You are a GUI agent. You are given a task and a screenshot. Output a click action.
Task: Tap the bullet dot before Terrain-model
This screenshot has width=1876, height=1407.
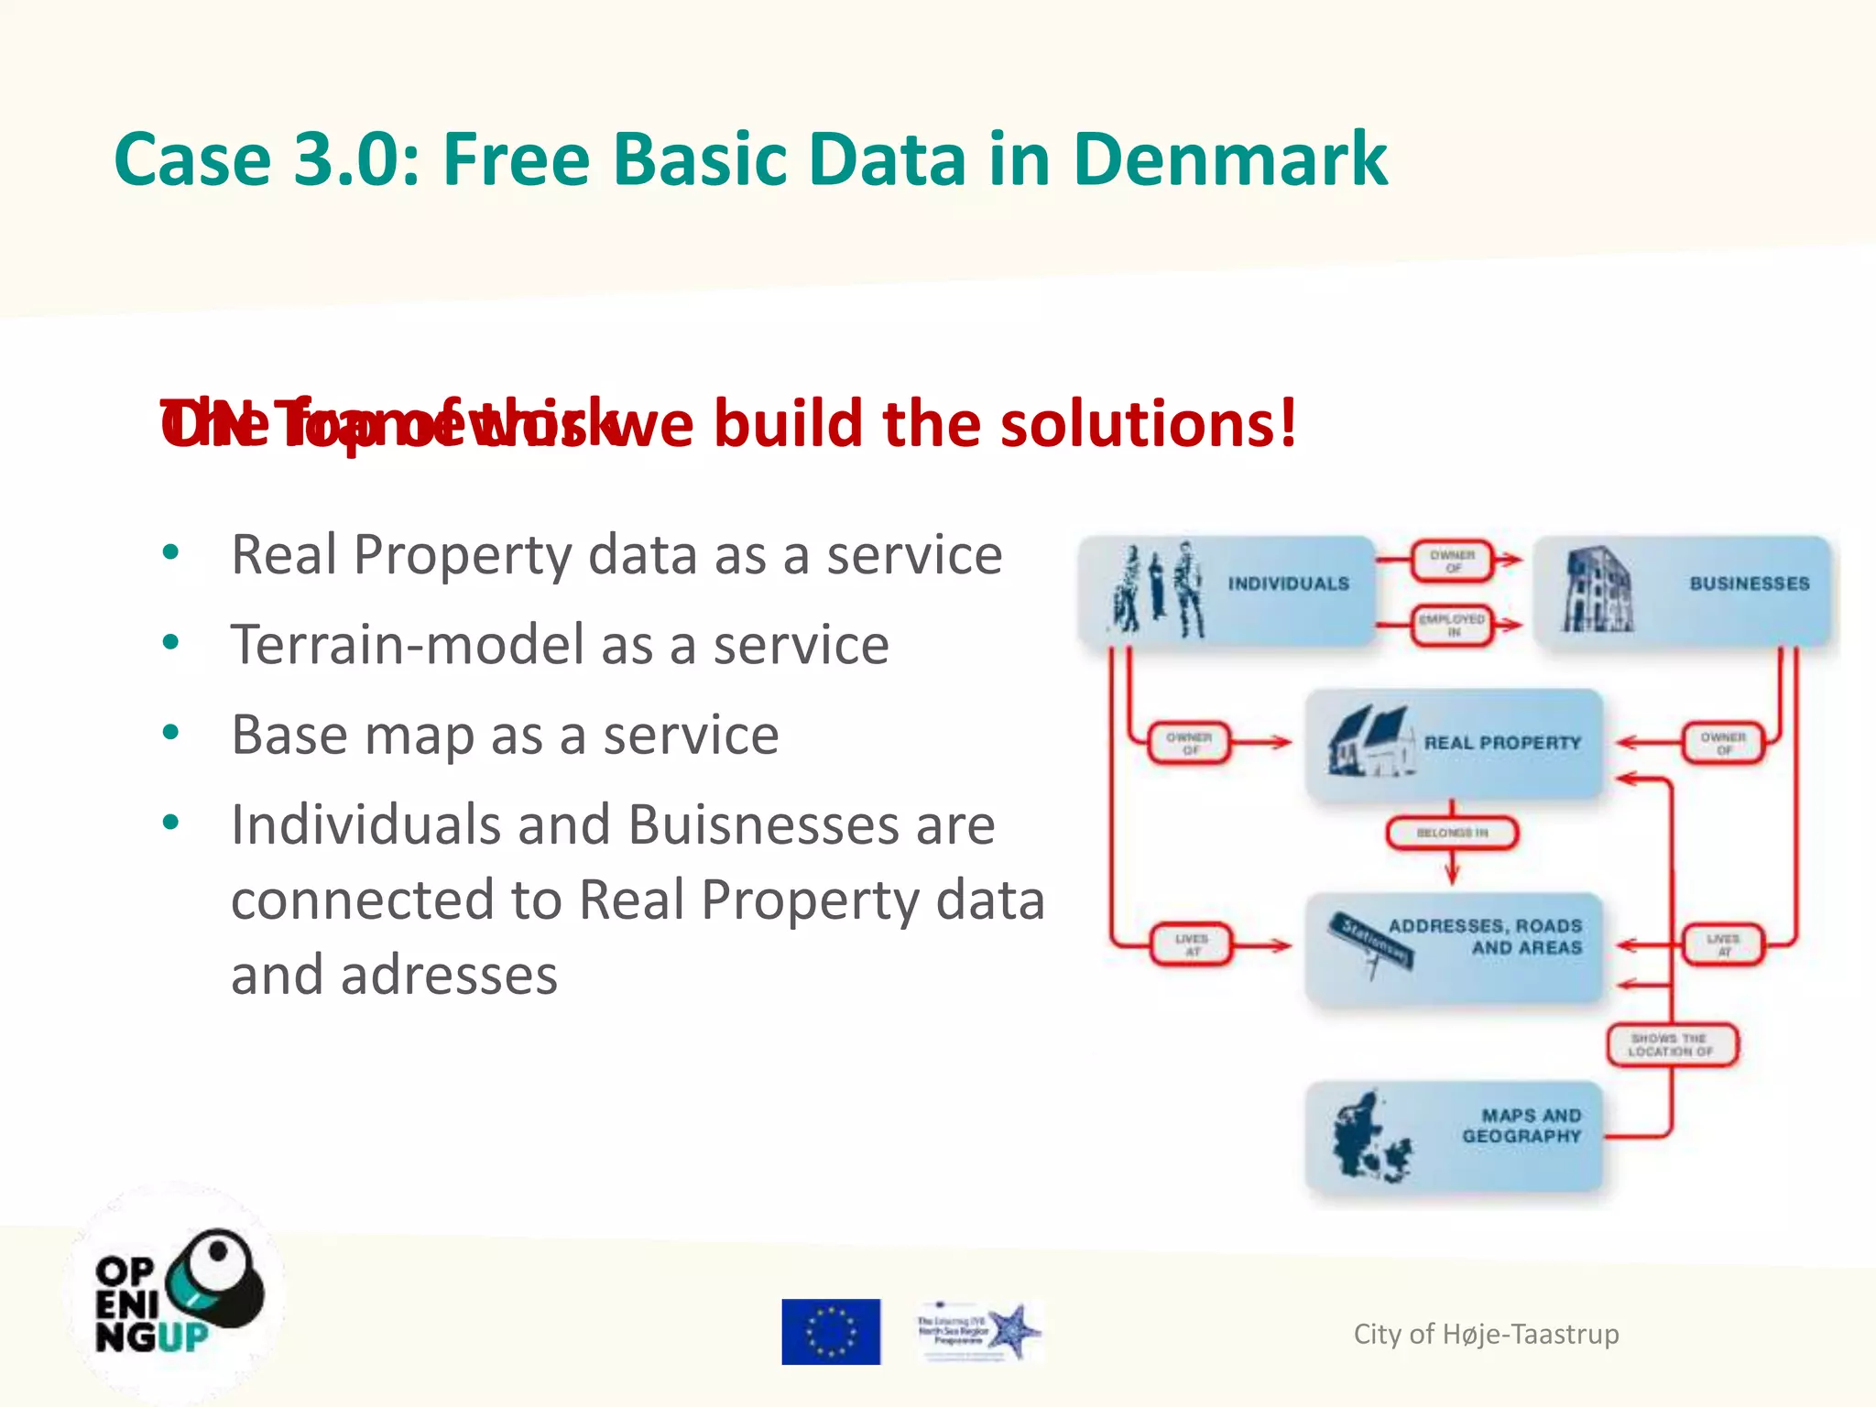tap(170, 643)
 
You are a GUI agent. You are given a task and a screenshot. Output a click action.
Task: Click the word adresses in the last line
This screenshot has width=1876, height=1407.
tap(449, 975)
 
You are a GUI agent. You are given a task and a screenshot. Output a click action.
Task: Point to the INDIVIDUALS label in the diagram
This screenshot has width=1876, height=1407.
tap(1288, 584)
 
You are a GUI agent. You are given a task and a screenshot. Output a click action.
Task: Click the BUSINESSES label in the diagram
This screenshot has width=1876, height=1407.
tap(1749, 584)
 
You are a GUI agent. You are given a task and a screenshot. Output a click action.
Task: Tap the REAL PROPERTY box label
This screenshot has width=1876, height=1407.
tap(1502, 743)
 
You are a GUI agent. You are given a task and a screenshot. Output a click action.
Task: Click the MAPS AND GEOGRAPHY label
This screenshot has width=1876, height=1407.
tap(1522, 1126)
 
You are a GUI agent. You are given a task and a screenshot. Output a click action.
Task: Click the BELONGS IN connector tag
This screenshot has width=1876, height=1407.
tap(1452, 833)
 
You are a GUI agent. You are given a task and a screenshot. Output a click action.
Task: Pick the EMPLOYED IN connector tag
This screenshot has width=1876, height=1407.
tap(1452, 626)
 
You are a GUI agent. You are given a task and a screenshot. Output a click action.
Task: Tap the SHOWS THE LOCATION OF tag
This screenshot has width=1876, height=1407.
tap(1671, 1045)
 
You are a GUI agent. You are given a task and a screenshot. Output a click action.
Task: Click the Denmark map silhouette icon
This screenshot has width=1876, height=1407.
tap(1369, 1137)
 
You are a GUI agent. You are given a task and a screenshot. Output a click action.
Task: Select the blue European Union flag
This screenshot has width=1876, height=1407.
tap(831, 1331)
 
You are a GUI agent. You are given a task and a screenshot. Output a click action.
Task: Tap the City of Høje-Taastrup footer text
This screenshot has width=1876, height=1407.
tap(1486, 1334)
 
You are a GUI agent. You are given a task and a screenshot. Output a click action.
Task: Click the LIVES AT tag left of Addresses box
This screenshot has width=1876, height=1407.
tap(1191, 945)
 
